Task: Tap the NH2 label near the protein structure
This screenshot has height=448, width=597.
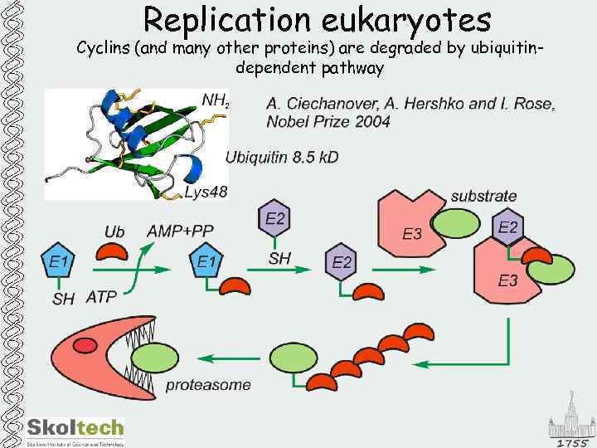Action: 215,100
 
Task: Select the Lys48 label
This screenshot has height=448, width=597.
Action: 205,192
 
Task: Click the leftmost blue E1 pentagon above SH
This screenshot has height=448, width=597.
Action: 59,264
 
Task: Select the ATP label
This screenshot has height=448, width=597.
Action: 101,296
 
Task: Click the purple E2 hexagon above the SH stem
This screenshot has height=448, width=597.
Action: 276,220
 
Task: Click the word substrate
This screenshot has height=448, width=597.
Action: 483,197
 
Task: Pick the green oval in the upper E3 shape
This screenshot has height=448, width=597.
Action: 453,223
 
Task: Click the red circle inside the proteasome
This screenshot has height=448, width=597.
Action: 85,344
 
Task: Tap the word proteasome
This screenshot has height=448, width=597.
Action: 208,385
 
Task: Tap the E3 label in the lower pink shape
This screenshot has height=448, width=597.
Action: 508,281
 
